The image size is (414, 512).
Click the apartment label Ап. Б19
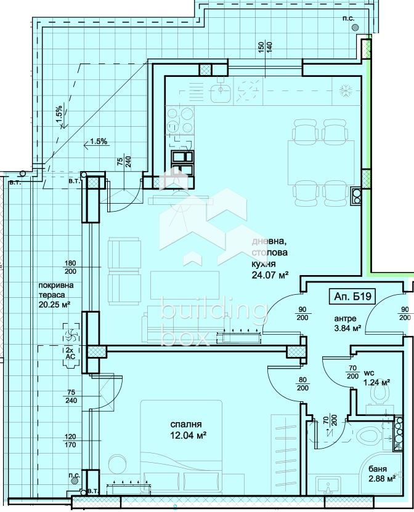[353, 295]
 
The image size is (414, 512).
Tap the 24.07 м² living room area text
[270, 276]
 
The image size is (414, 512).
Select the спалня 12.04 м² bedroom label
[188, 430]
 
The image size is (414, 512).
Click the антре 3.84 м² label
[346, 323]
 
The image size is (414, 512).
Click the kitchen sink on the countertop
[220, 93]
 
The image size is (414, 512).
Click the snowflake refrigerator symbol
[346, 91]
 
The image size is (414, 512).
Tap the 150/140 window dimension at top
[265, 50]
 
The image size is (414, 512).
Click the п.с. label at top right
[347, 18]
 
